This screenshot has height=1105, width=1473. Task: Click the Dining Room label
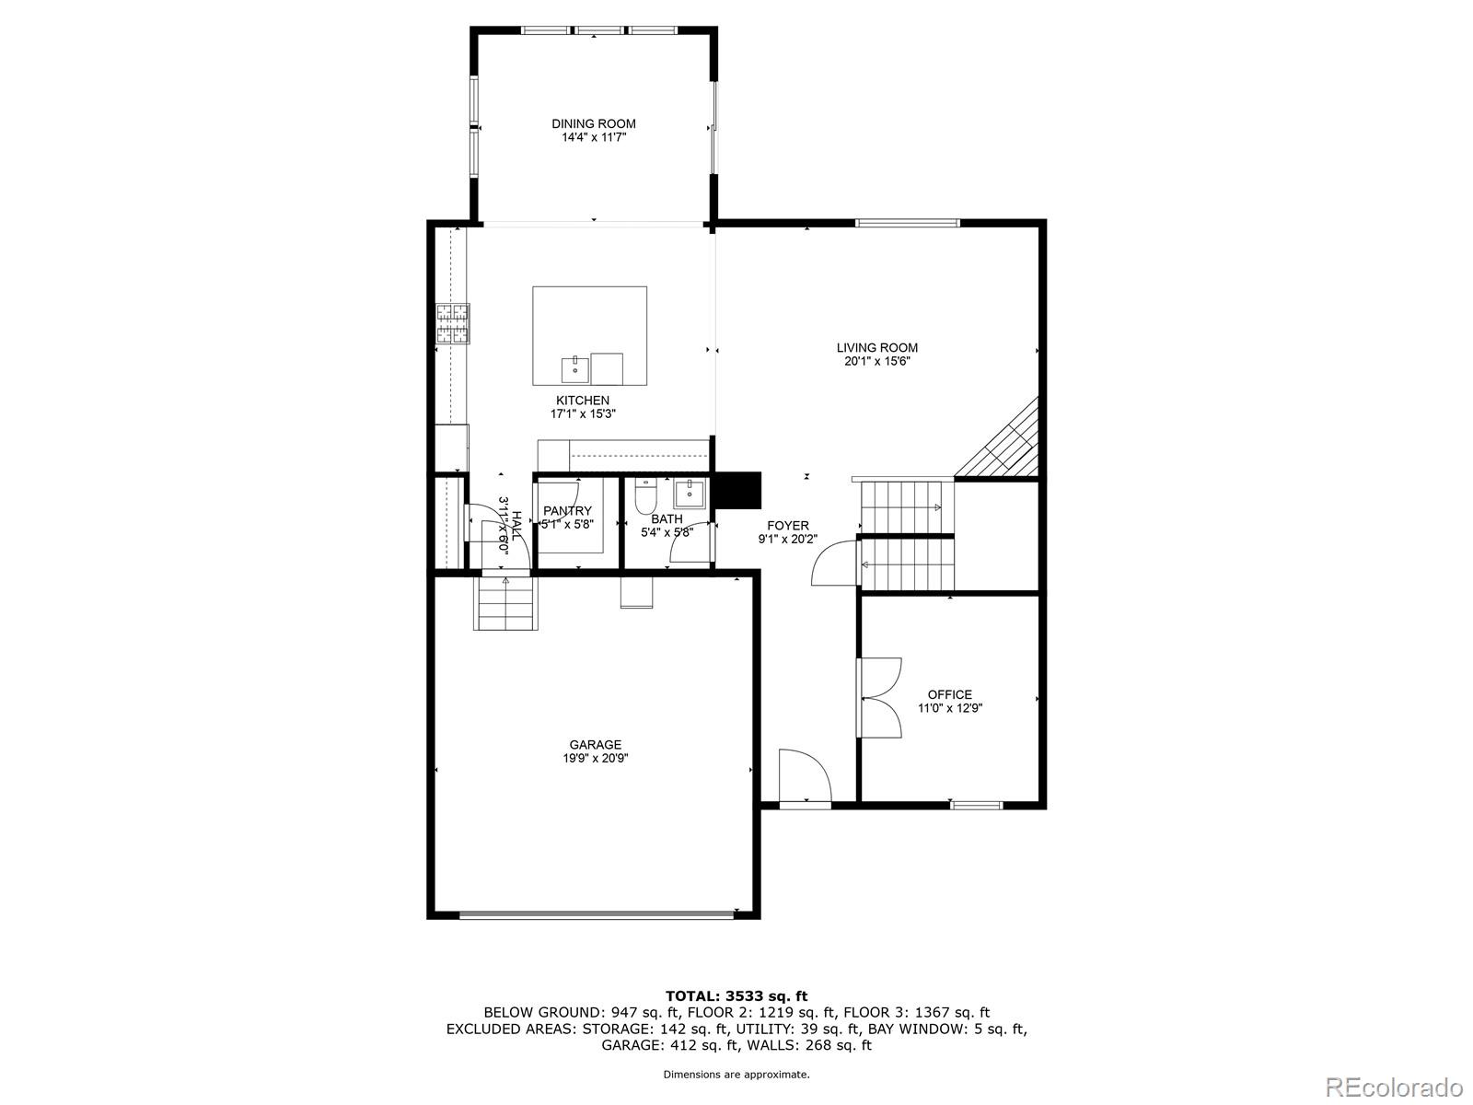(593, 123)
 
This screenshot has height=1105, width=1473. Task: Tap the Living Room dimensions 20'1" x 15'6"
(876, 362)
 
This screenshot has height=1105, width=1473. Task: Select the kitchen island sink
(574, 368)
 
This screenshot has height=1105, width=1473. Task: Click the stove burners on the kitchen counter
(452, 323)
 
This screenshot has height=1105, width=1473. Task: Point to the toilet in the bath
(645, 497)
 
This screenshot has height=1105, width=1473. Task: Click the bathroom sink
(690, 494)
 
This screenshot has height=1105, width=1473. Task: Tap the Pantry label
(567, 511)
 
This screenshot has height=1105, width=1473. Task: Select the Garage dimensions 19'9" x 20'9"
(595, 759)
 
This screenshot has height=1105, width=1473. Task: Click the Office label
(949, 694)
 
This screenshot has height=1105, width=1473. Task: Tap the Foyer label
(787, 526)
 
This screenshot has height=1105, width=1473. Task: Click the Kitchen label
(582, 401)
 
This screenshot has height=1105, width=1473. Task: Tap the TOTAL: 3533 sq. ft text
(736, 995)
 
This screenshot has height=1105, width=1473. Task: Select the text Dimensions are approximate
(736, 1075)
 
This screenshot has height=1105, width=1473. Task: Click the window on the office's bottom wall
(976, 805)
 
